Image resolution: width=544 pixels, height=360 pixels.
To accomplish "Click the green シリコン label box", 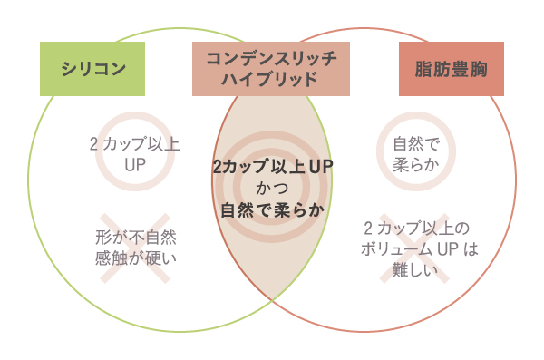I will pyautogui.click(x=92, y=69).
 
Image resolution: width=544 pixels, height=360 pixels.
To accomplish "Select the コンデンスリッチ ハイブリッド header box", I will pyautogui.click(x=272, y=69).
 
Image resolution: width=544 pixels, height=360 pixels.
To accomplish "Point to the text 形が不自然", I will pyautogui.click(x=134, y=238).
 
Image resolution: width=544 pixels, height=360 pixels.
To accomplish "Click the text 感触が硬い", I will pyautogui.click(x=134, y=258).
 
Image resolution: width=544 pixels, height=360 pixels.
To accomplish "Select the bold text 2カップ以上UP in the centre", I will pyautogui.click(x=272, y=168).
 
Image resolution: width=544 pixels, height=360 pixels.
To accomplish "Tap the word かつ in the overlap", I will pyautogui.click(x=272, y=189).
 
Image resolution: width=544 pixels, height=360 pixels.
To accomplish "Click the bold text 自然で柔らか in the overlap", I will pyautogui.click(x=272, y=209).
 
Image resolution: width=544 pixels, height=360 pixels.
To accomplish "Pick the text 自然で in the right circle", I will pyautogui.click(x=415, y=143).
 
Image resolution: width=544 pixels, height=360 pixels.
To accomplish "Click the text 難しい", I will pyautogui.click(x=415, y=269).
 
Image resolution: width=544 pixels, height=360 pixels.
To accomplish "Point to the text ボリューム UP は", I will pyautogui.click(x=415, y=248).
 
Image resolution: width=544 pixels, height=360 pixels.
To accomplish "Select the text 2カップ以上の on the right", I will pyautogui.click(x=415, y=228).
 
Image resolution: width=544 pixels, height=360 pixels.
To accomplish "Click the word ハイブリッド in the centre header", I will pyautogui.click(x=272, y=80).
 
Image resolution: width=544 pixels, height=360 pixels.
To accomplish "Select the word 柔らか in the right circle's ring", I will pyautogui.click(x=415, y=164).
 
